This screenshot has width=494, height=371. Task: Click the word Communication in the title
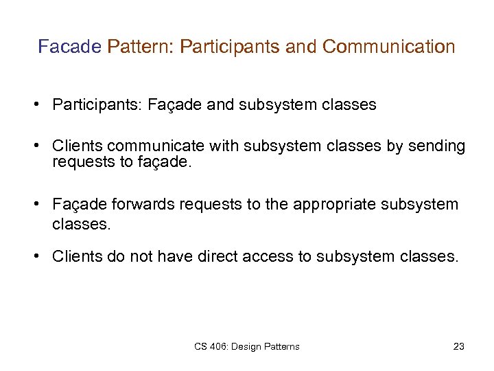tap(388, 47)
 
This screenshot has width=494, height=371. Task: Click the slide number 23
tap(459, 346)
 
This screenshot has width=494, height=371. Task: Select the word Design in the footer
tap(248, 346)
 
